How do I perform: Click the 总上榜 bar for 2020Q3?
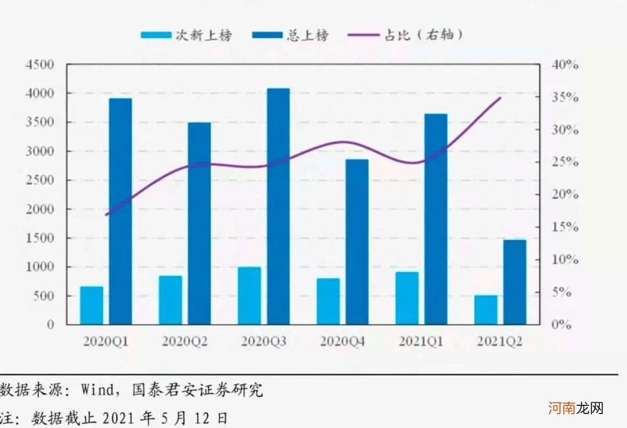(x=278, y=206)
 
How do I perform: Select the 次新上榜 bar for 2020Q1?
(x=92, y=305)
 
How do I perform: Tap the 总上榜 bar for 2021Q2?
(x=514, y=282)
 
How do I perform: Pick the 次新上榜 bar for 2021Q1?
(x=407, y=298)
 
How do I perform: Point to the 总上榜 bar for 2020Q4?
(x=357, y=241)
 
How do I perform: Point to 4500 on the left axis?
(x=40, y=65)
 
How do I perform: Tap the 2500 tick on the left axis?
(x=40, y=180)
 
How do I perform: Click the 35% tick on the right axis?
(x=565, y=97)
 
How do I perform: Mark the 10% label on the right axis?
(x=565, y=260)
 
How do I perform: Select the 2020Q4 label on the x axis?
(x=343, y=342)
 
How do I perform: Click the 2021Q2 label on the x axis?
(x=500, y=342)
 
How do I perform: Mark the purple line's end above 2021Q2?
(x=500, y=98)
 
